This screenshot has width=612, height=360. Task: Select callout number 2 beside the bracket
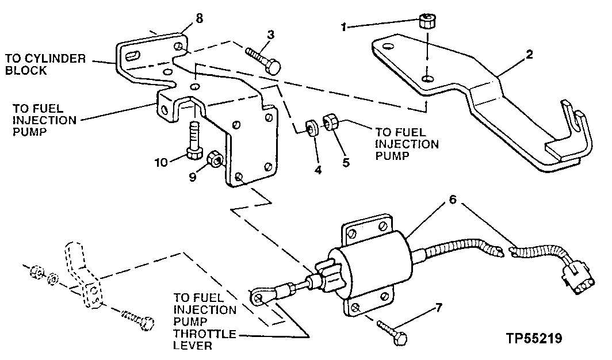pyautogui.click(x=529, y=55)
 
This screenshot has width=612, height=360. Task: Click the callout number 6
pyautogui.click(x=453, y=201)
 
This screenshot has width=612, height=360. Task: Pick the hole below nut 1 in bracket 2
pyautogui.click(x=427, y=78)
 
